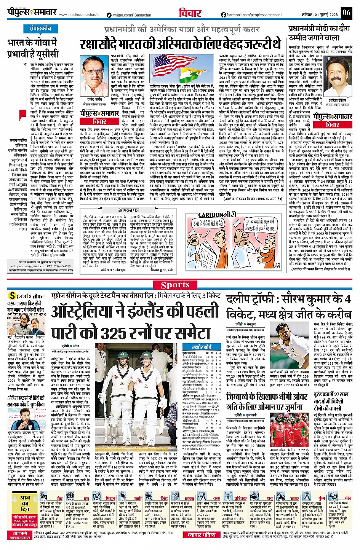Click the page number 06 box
(346, 13)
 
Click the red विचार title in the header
(190, 13)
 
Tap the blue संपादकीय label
(40, 29)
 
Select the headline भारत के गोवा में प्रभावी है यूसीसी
(33, 48)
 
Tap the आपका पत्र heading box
(128, 210)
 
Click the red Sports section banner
(175, 284)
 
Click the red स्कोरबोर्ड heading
(202, 347)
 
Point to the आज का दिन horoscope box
(25, 503)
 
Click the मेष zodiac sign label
(59, 498)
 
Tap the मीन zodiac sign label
(348, 498)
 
